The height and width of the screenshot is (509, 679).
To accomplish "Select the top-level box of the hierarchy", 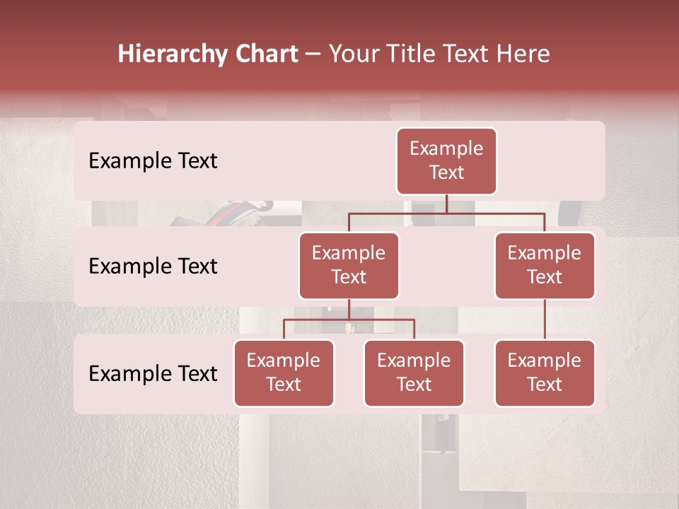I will point(446,160).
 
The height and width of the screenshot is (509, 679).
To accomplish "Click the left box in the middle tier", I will point(349,265).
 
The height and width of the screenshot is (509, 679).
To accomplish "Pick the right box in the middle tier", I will point(545,265).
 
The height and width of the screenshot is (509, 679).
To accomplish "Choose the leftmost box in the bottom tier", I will point(284,373).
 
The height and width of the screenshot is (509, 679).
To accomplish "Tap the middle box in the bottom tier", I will point(414,373).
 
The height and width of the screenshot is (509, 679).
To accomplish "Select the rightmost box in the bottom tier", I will point(545,373).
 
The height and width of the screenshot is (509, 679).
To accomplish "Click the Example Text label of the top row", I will point(153,161).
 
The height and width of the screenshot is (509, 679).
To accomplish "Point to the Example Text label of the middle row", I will point(153,267).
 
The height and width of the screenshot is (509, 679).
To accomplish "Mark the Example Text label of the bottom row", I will point(153,374).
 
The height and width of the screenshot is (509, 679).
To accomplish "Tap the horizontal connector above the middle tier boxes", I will point(446,213).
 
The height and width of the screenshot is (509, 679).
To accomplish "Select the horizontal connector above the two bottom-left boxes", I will point(349,320).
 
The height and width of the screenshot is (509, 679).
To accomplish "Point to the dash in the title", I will point(313,54).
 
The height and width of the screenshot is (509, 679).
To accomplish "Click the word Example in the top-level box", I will point(446,148).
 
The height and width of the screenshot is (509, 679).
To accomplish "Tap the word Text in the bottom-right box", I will point(545,385).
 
